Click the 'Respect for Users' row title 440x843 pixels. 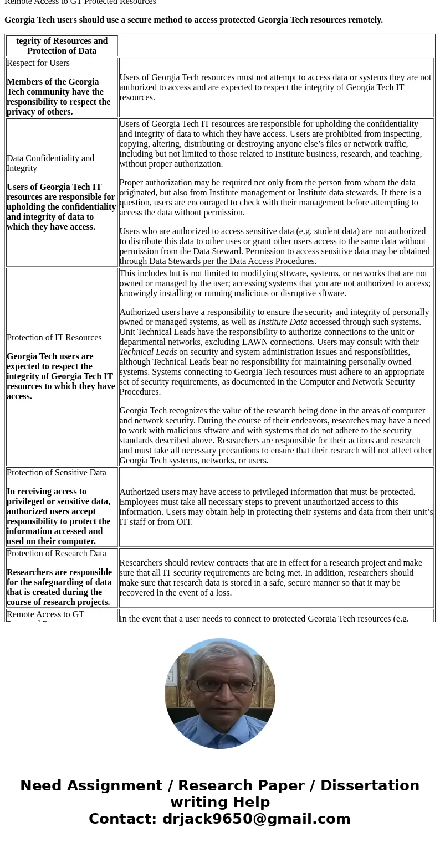tap(38, 63)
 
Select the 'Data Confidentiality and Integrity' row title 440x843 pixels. tap(50, 163)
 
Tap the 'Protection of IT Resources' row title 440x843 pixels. tap(54, 338)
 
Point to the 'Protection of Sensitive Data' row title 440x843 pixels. tap(56, 473)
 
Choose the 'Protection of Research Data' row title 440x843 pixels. tap(56, 554)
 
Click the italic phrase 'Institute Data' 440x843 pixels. tap(282, 322)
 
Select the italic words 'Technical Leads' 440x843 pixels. tap(148, 352)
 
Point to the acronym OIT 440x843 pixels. tap(184, 522)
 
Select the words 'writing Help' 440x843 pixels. tap(220, 802)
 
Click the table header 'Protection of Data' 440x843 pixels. tap(62, 51)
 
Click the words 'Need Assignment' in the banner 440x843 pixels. tap(91, 785)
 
